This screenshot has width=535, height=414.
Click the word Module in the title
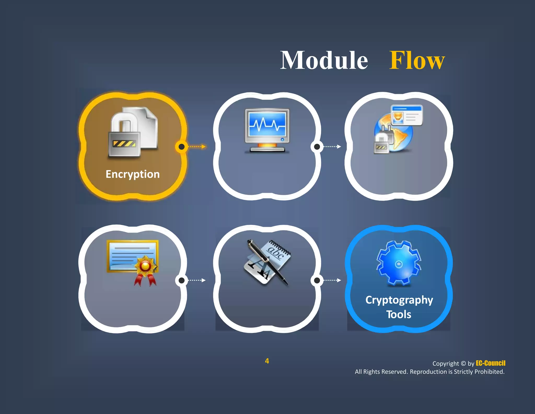click(x=324, y=60)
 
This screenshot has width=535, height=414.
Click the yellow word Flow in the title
click(x=417, y=60)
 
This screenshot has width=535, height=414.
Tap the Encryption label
click(x=132, y=174)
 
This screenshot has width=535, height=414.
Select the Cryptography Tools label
click(x=399, y=307)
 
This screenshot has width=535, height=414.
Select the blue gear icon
click(x=398, y=263)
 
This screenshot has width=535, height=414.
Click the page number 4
click(x=267, y=361)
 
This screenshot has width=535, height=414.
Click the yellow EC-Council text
click(x=490, y=363)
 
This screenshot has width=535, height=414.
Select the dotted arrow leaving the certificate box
click(x=197, y=280)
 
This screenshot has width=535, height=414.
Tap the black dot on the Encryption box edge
click(x=182, y=147)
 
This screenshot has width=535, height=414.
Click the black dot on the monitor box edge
click(x=317, y=147)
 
